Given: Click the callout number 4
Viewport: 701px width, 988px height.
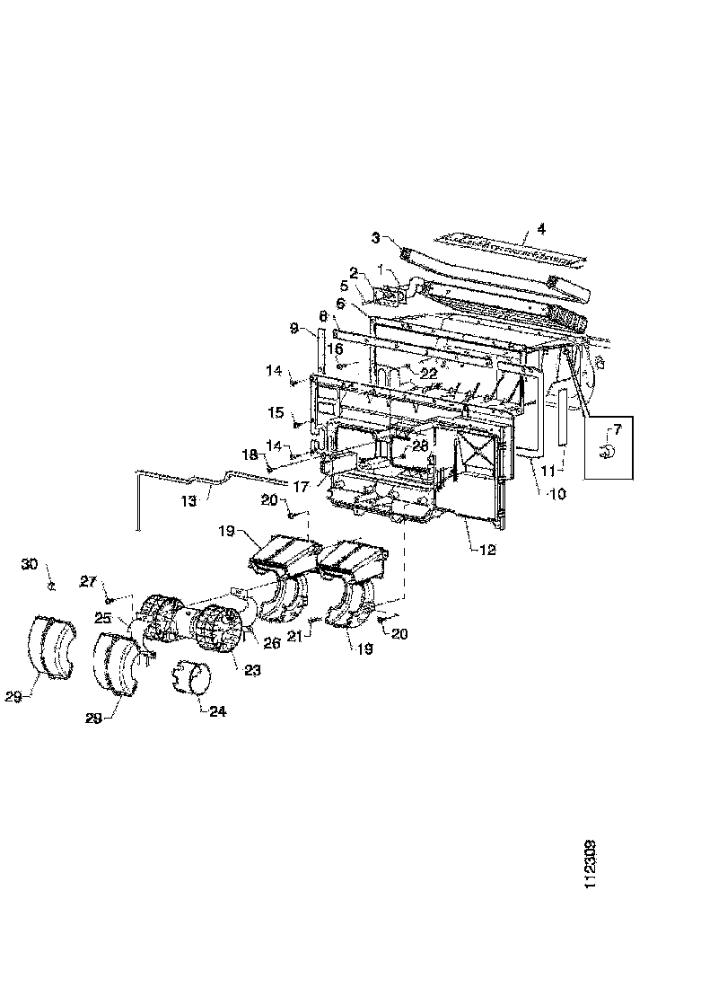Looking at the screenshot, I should coord(540,228).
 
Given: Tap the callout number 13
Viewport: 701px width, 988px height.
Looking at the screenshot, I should coord(187,502).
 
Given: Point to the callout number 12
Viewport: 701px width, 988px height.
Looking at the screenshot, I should coord(487,550).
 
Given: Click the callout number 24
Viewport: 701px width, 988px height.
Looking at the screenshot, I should coord(218,711).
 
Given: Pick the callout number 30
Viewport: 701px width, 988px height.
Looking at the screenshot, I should coord(30,564).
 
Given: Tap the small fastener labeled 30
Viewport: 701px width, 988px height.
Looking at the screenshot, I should coord(51,586).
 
